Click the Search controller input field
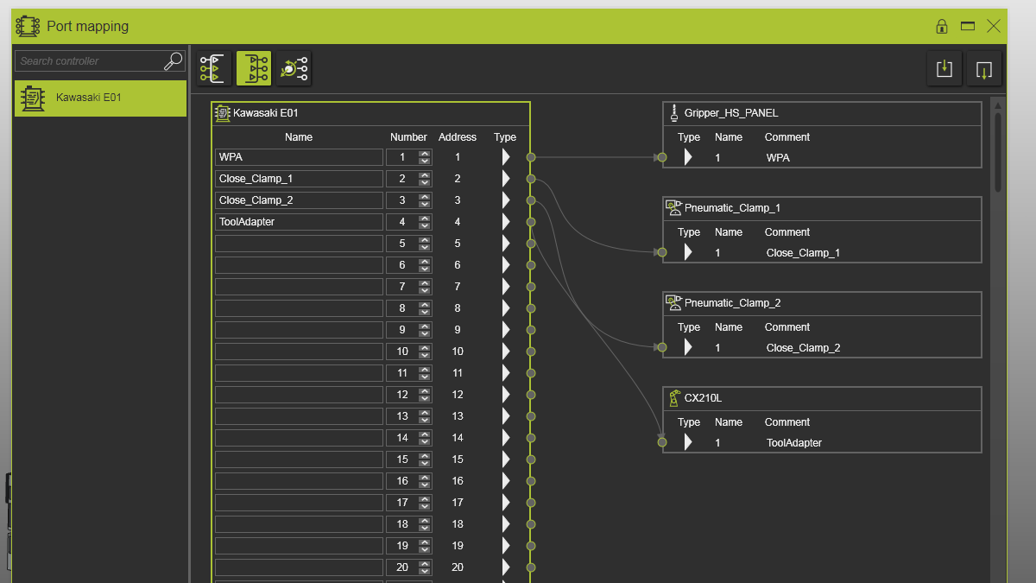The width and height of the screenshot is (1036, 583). [x=90, y=61]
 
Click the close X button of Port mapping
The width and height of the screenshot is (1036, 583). [x=993, y=26]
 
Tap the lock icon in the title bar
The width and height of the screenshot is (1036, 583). [x=942, y=27]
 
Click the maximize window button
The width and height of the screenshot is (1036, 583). [x=968, y=26]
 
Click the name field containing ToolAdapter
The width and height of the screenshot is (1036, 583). [x=299, y=222]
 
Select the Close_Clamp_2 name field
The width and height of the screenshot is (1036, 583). [x=299, y=200]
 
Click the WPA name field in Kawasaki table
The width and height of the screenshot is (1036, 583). [x=299, y=157]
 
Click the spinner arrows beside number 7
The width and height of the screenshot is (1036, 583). [x=424, y=287]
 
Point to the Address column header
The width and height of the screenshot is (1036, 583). [x=457, y=137]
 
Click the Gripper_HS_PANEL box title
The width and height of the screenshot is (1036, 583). [x=730, y=113]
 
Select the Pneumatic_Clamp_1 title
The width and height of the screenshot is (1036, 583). [x=732, y=208]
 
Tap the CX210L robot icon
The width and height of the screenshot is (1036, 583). [x=674, y=398]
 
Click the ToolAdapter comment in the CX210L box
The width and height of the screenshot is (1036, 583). [x=793, y=443]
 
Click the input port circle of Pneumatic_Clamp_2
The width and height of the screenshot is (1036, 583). [x=662, y=347]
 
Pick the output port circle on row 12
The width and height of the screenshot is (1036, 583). [x=531, y=395]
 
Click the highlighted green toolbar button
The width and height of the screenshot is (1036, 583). [x=254, y=68]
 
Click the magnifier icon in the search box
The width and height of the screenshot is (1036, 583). [x=174, y=61]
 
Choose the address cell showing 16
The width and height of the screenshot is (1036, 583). [x=457, y=481]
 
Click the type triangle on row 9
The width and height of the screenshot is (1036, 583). [x=506, y=330]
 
